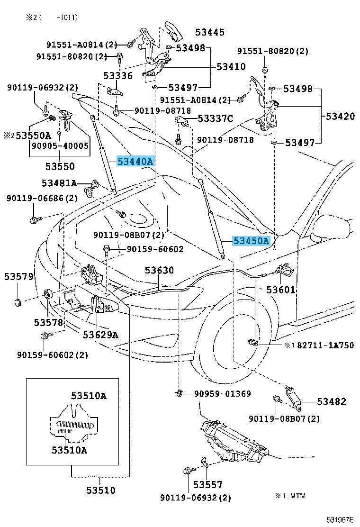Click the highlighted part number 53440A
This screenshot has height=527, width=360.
coord(135,162)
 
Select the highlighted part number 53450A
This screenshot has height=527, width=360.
coord(251,241)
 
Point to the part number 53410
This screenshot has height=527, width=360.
coord(231,67)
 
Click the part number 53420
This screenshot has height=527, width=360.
coord(339,116)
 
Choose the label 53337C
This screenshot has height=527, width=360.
coord(215,118)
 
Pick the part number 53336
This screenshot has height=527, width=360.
coord(118,76)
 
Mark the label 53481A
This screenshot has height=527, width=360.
coord(58,183)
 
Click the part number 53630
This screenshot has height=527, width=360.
coord(159,271)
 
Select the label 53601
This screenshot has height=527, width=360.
coord(280,290)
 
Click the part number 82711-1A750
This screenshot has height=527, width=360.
coord(325,345)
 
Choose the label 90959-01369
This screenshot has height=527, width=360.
coord(222,394)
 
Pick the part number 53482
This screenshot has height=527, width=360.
coord(331,401)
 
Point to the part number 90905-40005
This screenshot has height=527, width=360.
coord(60,146)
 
